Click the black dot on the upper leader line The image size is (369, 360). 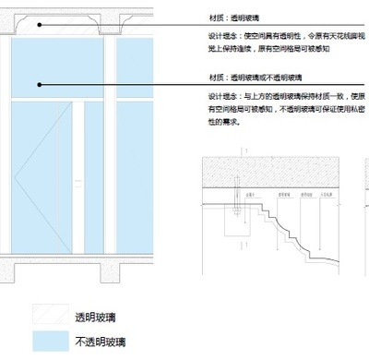[39, 27]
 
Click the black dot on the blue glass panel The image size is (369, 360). [39, 84]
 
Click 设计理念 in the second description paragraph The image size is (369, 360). [221, 94]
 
